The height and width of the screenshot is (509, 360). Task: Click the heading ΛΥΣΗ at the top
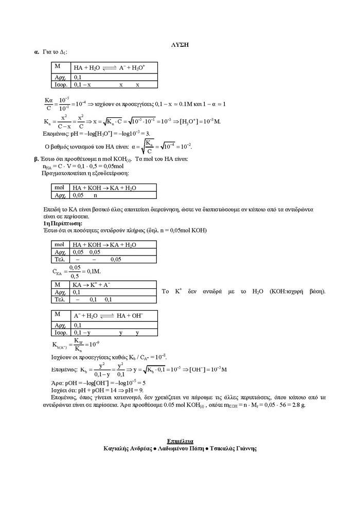coord(180,45)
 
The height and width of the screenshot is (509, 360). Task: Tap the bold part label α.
coord(37,52)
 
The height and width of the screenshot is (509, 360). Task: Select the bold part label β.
coord(36,159)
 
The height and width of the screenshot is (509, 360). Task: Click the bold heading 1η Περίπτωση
coord(63,224)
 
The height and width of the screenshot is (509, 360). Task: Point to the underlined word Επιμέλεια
coord(180,441)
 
